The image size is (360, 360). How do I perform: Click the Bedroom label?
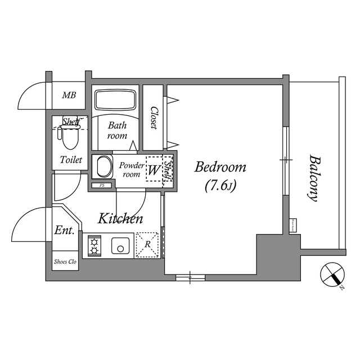click(x=220, y=167)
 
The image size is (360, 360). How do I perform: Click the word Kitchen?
click(x=120, y=219)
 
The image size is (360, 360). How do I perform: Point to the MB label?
click(x=69, y=95)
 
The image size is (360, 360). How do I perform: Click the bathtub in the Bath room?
click(x=115, y=100)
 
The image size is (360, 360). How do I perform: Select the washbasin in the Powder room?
click(x=103, y=168)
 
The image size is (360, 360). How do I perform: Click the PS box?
click(x=102, y=185)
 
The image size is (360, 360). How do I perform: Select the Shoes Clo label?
click(x=65, y=262)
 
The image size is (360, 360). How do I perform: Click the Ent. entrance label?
click(x=65, y=231)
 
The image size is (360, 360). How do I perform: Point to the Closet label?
click(x=153, y=119)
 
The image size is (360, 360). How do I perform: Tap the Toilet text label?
click(x=71, y=160)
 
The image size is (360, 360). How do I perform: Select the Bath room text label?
click(x=118, y=130)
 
